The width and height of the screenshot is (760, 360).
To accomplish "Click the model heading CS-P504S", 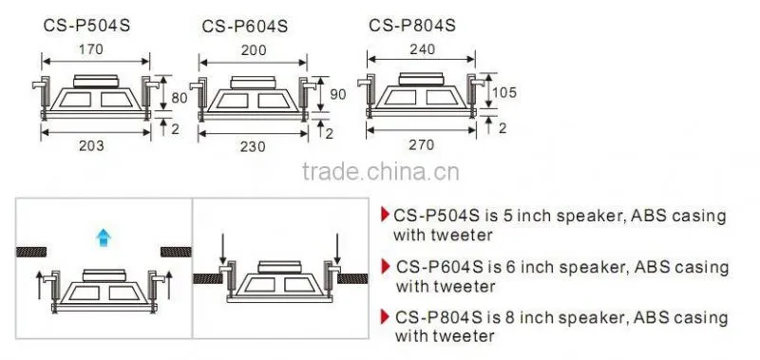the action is (86, 26).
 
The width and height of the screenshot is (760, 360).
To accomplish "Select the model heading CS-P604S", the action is (245, 27).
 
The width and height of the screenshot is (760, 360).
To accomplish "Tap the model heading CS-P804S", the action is (412, 25).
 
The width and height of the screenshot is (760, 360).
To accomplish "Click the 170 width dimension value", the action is (91, 49).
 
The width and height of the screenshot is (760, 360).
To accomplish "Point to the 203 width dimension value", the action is (91, 145).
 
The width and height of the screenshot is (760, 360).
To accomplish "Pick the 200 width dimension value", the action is (254, 50).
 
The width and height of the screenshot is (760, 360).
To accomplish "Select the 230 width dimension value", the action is (254, 146).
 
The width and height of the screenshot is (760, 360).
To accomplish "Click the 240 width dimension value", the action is (422, 49).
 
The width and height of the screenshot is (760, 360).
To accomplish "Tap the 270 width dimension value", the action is (422, 144).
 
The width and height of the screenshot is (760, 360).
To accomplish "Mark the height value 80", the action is (180, 98).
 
